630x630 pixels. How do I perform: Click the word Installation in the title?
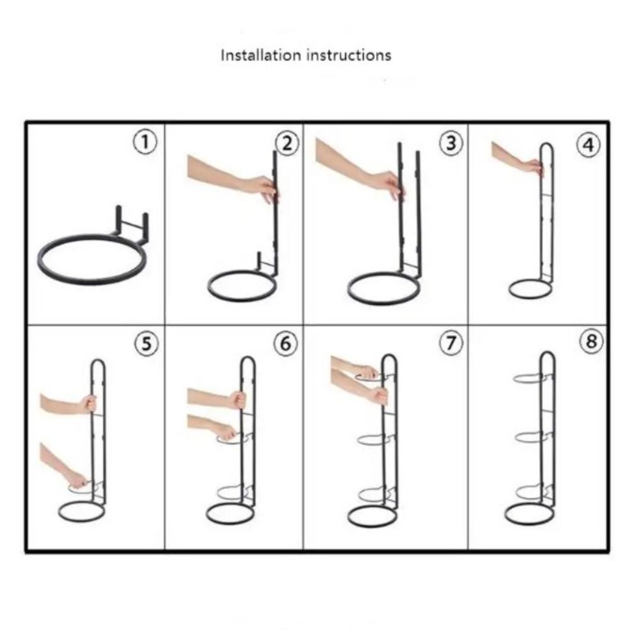[x=260, y=55]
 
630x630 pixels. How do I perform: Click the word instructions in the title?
[x=349, y=55]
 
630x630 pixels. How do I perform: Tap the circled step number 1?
[x=145, y=142]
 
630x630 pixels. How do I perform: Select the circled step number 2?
[x=287, y=144]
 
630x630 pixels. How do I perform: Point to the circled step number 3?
[x=450, y=143]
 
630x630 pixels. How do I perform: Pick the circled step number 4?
[x=588, y=145]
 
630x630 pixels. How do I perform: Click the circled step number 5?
[x=146, y=344]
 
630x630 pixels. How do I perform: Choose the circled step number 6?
[x=285, y=343]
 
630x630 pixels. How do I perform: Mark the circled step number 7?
[x=450, y=343]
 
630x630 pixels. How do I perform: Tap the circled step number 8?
[x=591, y=341]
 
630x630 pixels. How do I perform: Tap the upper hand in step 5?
[x=68, y=404]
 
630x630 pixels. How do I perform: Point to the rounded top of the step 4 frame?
[x=546, y=144]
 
